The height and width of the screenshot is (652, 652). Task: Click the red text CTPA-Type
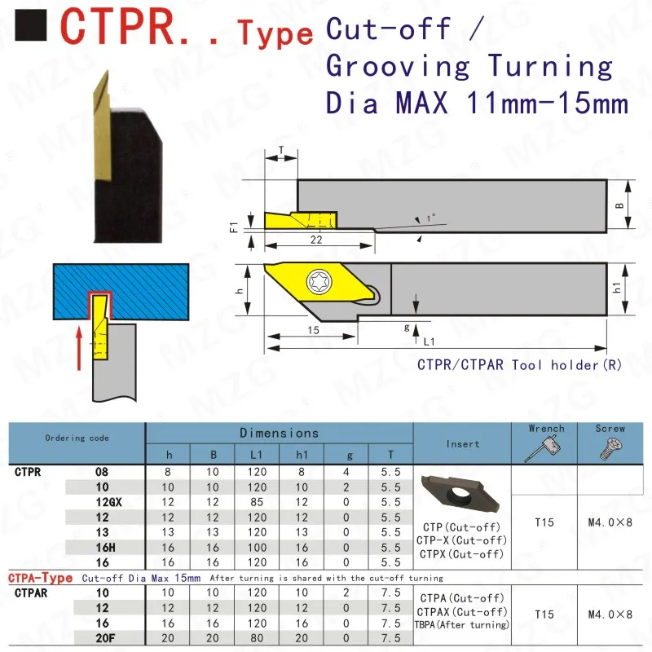point(41,578)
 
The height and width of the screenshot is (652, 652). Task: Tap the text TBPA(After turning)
point(462,624)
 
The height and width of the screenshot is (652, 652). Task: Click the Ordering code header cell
point(77,438)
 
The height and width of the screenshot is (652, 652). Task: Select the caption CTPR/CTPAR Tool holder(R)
point(520,365)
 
